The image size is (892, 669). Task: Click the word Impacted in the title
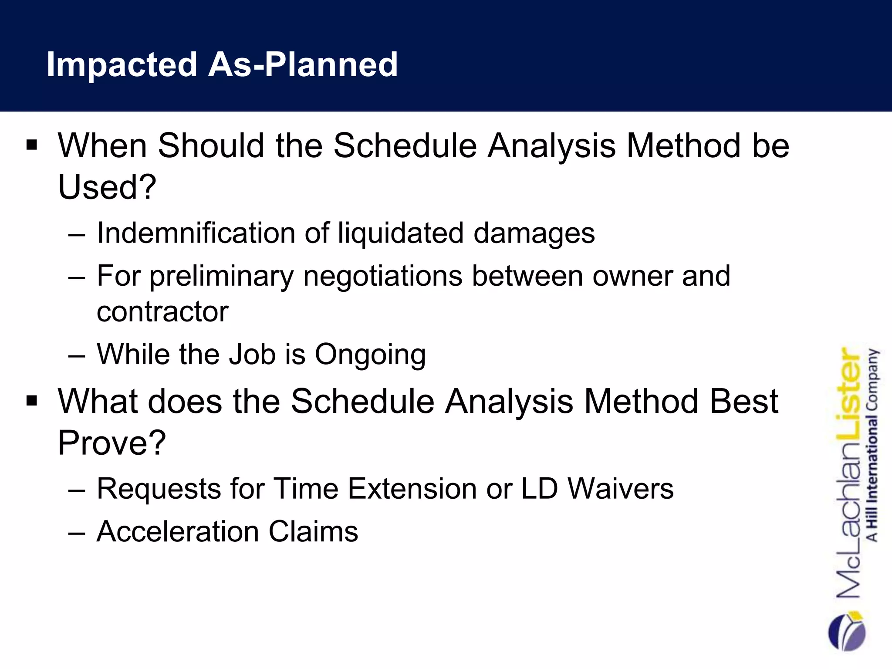click(x=122, y=64)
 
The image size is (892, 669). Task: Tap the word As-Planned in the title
click(x=303, y=64)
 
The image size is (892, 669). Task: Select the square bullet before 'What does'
click(x=32, y=400)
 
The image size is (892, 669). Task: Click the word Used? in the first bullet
click(x=107, y=187)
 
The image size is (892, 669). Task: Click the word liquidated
click(x=401, y=233)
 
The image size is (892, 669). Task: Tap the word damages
click(x=534, y=233)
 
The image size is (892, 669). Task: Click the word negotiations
click(x=382, y=277)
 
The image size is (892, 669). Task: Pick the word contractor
click(x=162, y=311)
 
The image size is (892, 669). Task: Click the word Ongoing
click(x=370, y=355)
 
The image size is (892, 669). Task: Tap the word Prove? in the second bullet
click(x=112, y=443)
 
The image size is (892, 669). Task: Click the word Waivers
click(x=621, y=489)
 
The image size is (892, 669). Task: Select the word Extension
click(x=412, y=489)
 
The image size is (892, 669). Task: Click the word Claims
click(x=313, y=532)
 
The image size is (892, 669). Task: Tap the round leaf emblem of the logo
click(x=846, y=632)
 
